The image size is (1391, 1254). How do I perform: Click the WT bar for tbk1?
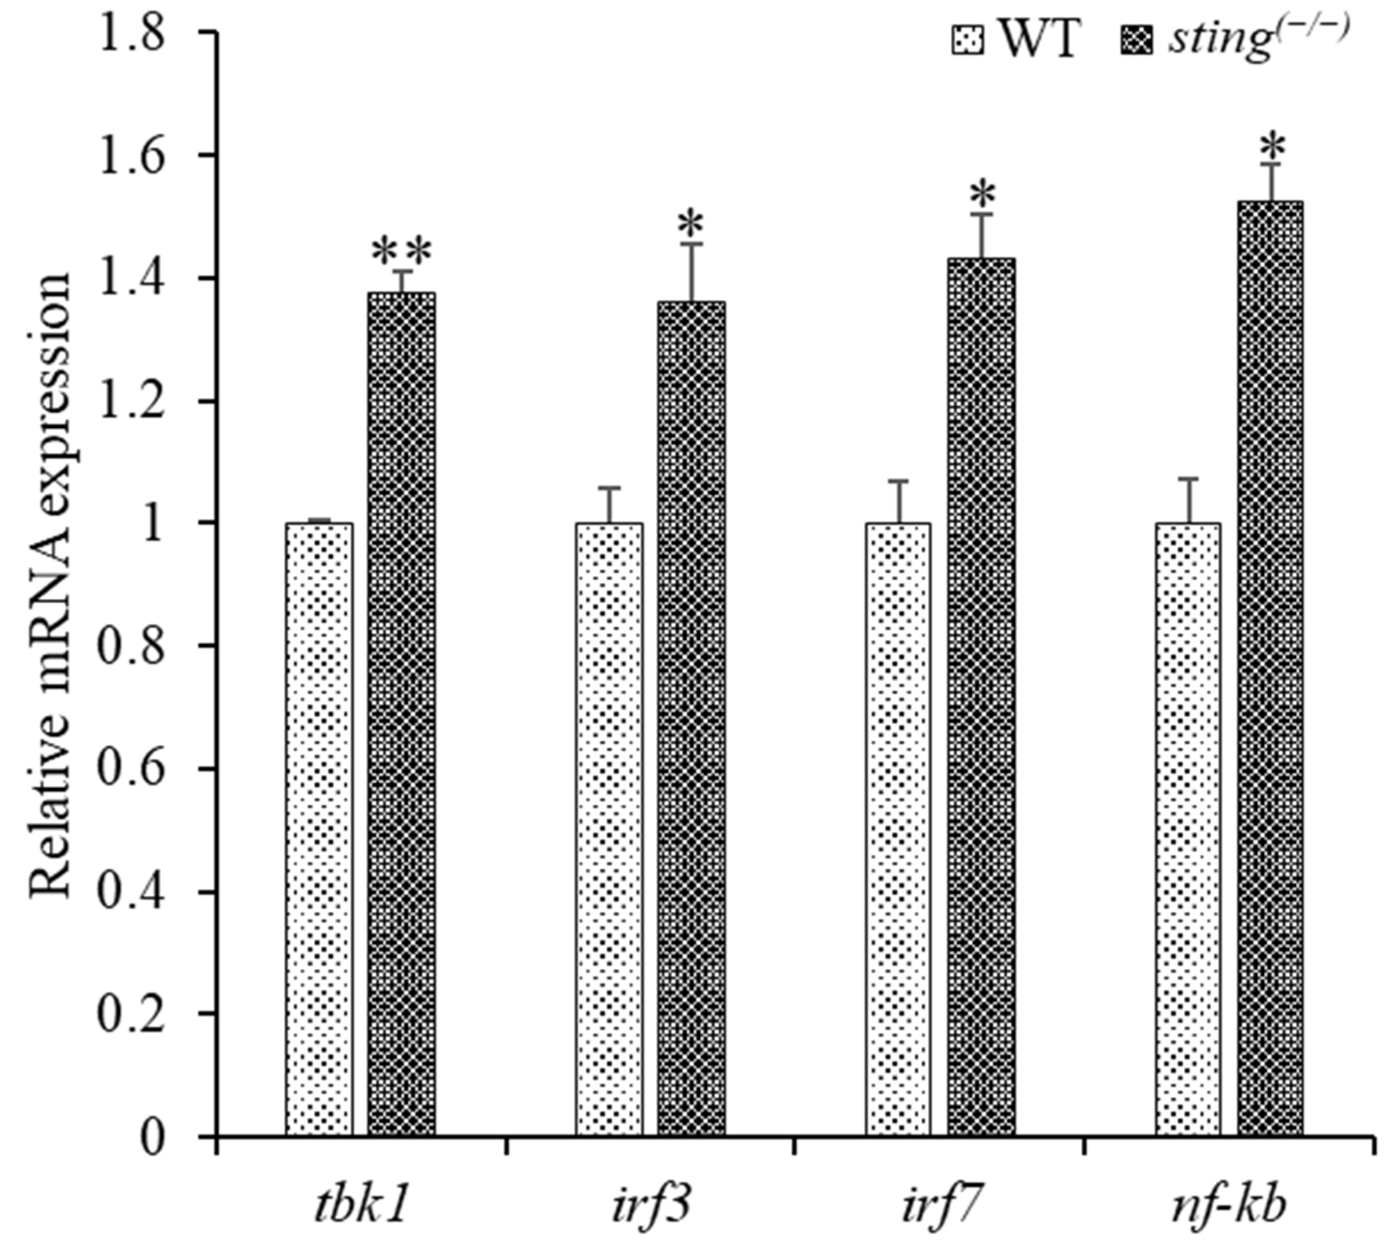[319, 830]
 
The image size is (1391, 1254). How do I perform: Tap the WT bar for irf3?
[609, 830]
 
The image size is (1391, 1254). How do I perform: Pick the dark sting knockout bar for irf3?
[691, 720]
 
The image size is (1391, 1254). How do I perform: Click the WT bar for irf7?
[898, 830]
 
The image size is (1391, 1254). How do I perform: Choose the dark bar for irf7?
[981, 699]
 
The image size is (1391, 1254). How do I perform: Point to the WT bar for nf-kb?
[1188, 830]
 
